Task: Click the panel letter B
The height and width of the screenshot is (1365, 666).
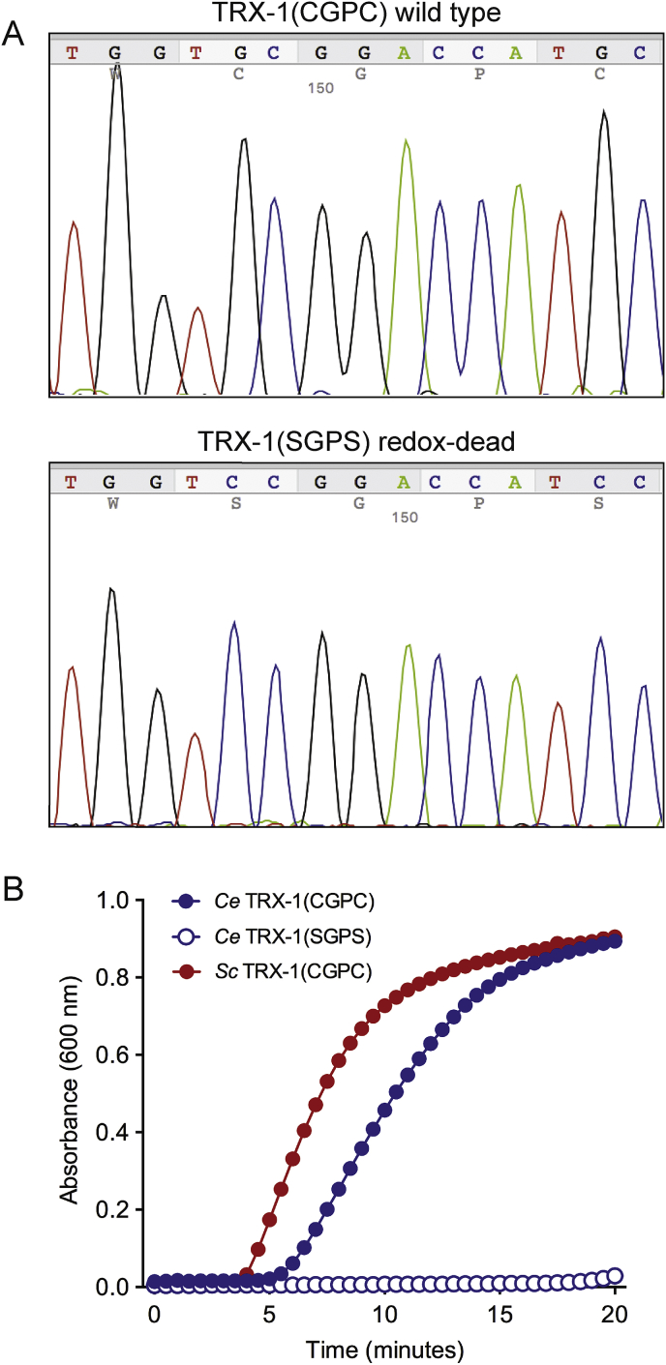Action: (x=14, y=889)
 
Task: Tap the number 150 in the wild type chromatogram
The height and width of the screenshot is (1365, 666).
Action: (x=320, y=87)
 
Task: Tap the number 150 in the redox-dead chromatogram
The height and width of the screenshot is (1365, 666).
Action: (x=404, y=518)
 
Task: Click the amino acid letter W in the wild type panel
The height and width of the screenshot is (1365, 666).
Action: (x=116, y=72)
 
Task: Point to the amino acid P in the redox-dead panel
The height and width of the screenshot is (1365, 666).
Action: (x=478, y=503)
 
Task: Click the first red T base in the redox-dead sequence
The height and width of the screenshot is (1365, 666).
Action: (x=70, y=481)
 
